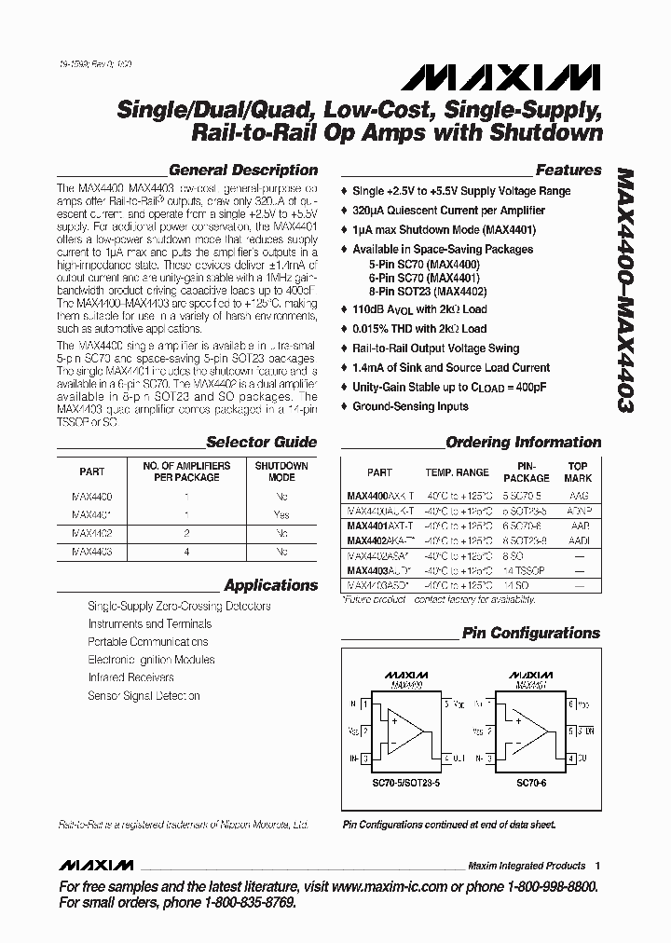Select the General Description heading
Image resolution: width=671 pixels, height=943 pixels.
pos(242,171)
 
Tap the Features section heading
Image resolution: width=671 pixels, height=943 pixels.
pos(568,171)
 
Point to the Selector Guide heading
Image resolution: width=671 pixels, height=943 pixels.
pos(261,443)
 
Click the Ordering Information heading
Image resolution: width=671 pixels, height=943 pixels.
pos(523,443)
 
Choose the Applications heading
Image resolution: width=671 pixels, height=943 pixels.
pos(270,586)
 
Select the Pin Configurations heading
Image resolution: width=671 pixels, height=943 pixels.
pos(531,634)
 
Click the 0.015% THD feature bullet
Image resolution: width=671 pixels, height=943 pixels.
pos(418,328)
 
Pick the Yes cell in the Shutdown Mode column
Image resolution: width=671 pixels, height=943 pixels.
pos(281,514)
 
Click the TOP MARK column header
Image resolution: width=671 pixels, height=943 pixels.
pos(578,471)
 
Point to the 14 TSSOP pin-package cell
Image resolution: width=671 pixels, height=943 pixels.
pos(526,567)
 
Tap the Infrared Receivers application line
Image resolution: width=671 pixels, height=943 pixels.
pos(130,677)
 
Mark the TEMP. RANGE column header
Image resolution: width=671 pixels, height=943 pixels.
pos(457,472)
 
